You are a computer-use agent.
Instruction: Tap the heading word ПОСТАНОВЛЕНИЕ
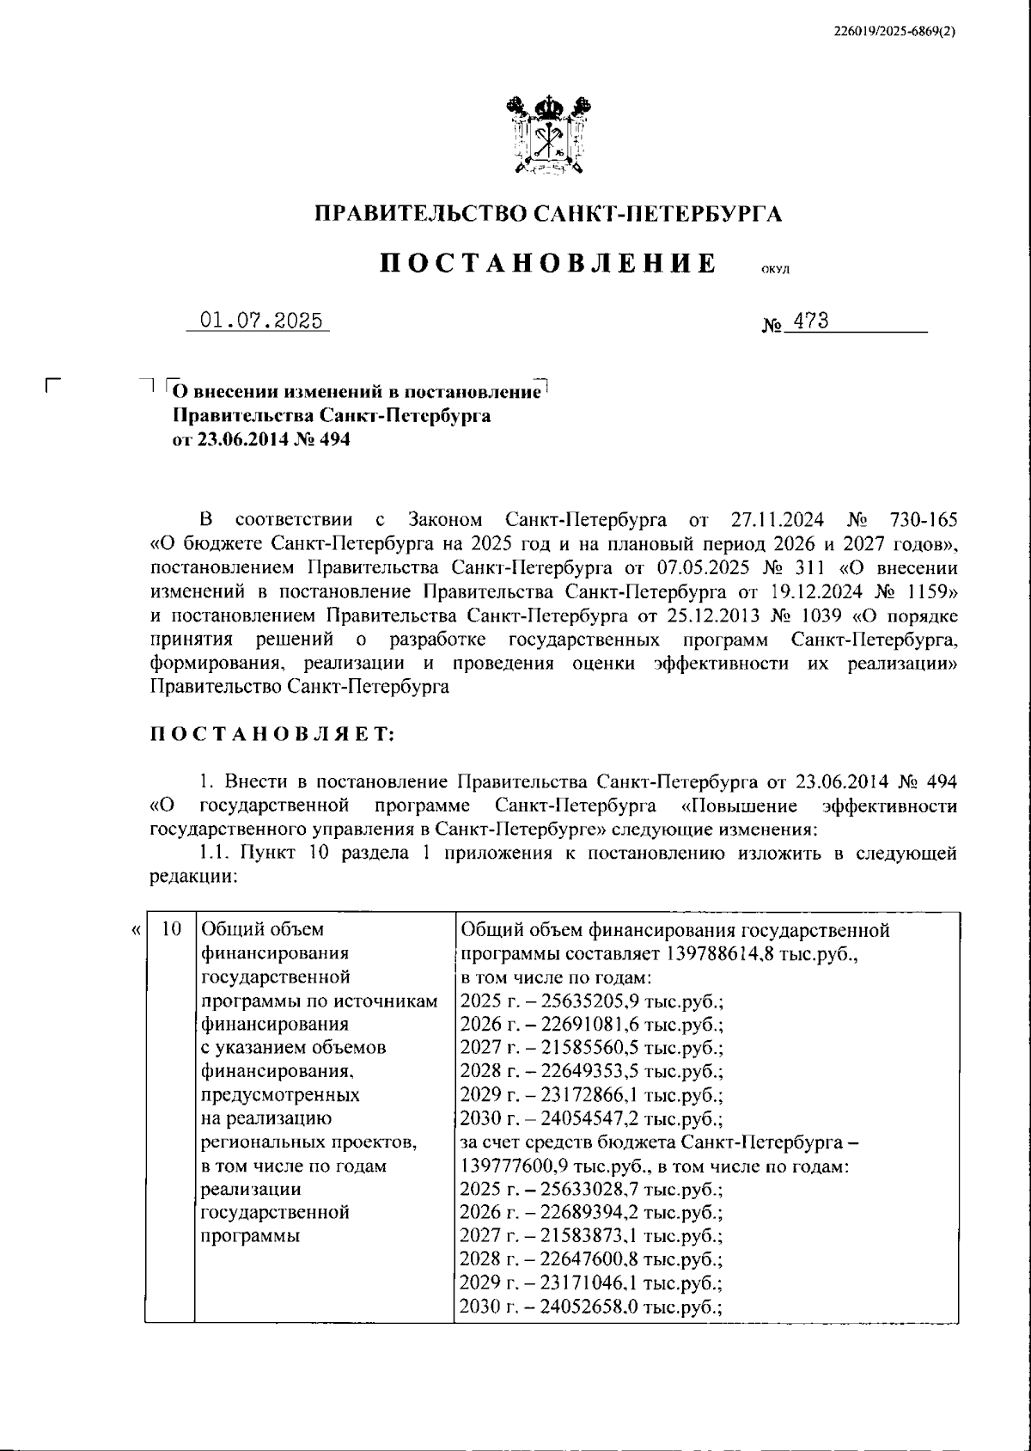pyautogui.click(x=548, y=263)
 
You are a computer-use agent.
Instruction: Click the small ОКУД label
pyautogui.click(x=775, y=270)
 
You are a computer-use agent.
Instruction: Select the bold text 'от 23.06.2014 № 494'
pyautogui.click(x=262, y=440)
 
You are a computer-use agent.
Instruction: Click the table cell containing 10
pyautogui.click(x=172, y=929)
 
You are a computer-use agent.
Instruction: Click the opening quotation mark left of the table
pyautogui.click(x=134, y=930)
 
